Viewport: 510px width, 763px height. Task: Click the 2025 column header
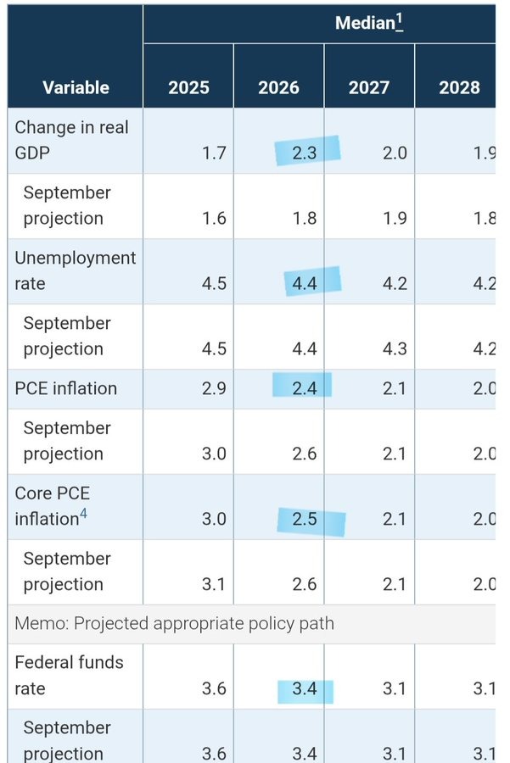(x=188, y=87)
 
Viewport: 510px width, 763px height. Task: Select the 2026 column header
(x=279, y=87)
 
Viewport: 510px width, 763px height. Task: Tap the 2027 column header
(x=370, y=87)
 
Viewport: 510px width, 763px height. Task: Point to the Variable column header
(x=76, y=87)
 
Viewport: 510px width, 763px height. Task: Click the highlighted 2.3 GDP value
(x=304, y=153)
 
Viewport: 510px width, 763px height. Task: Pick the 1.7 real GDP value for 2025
(x=214, y=153)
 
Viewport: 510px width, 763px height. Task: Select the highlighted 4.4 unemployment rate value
(x=304, y=283)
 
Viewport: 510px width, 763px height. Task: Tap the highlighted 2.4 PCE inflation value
(x=304, y=388)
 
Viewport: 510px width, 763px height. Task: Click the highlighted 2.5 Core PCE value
(x=304, y=519)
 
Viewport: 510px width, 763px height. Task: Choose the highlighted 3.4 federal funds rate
(x=304, y=688)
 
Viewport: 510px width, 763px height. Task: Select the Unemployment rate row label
(x=75, y=270)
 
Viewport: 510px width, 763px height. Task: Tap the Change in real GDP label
(x=71, y=140)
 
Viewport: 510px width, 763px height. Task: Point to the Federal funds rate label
(x=69, y=675)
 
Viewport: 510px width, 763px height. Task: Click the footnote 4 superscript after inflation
(x=83, y=513)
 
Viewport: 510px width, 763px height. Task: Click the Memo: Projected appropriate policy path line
(x=174, y=624)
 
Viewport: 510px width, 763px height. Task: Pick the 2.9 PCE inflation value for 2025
(x=214, y=388)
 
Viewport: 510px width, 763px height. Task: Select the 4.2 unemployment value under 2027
(x=395, y=283)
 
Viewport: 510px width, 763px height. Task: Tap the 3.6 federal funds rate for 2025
(x=214, y=688)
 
